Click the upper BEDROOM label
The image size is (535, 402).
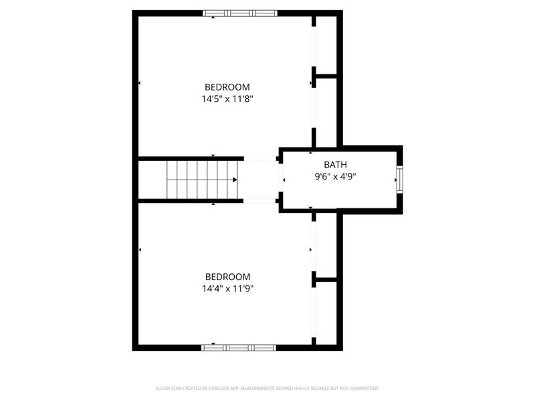[x=227, y=87]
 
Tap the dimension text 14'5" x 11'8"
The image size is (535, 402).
[x=227, y=99]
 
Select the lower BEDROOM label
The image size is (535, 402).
[x=227, y=277]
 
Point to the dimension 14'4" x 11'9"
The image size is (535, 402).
[x=227, y=289]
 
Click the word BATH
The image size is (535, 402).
[x=336, y=165]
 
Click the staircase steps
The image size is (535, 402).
[x=201, y=180]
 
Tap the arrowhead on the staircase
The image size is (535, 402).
[x=235, y=180]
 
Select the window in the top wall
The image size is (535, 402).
[x=240, y=13]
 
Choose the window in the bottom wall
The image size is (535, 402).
[x=239, y=347]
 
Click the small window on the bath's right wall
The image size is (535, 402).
[x=400, y=179]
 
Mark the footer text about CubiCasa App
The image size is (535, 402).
[x=267, y=388]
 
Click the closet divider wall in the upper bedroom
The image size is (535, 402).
[x=326, y=76]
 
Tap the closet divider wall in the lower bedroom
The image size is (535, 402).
[x=326, y=279]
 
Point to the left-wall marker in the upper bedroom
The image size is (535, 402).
[x=140, y=83]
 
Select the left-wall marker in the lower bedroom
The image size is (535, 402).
[x=140, y=250]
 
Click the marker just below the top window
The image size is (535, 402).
[x=213, y=18]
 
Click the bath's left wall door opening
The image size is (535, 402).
[x=281, y=180]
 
